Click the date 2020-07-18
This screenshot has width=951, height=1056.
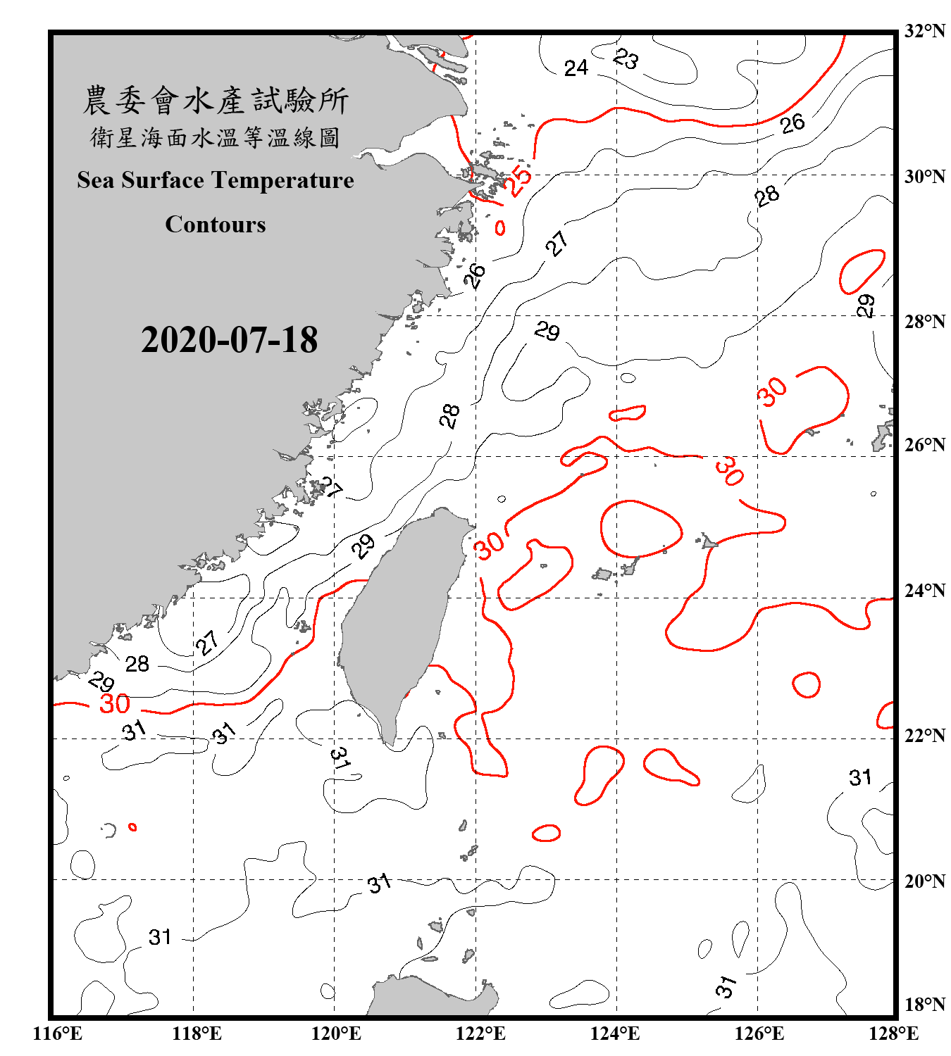229,339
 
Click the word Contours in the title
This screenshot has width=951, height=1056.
216,224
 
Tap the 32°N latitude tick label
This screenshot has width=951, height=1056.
924,31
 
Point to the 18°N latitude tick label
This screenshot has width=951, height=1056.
924,1005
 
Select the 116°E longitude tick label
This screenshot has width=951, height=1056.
57,1033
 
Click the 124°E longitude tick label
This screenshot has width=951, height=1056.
615,1033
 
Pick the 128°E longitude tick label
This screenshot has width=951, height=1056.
893,1033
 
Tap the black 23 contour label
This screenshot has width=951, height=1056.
626,58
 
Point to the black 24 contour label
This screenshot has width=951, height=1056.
576,68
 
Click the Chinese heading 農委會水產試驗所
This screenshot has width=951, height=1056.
216,101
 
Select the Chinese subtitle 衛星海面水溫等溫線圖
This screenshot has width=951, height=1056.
216,137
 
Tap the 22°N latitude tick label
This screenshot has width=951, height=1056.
924,736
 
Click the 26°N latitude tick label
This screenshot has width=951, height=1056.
924,445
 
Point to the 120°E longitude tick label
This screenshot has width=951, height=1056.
336,1033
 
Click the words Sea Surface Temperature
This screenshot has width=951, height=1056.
216,180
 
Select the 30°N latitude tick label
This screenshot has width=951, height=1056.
924,177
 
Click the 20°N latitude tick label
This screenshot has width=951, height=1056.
924,881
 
